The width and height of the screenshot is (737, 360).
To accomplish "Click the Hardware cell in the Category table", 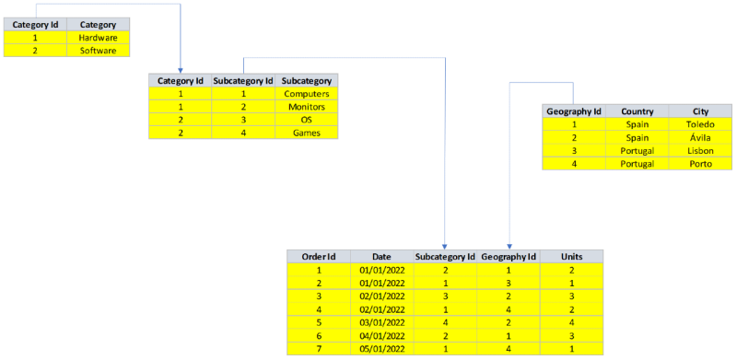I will click(x=98, y=38).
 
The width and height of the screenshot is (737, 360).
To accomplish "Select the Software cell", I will click(x=98, y=51).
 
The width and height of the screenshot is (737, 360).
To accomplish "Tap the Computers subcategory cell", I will click(x=307, y=94).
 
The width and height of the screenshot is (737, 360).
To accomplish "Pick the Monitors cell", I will click(x=307, y=107).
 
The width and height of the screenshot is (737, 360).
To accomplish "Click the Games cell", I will click(x=307, y=133).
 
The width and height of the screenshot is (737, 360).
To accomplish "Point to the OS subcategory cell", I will click(x=307, y=120).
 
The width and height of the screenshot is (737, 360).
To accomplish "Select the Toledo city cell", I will click(x=700, y=124).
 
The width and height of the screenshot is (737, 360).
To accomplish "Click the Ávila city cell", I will click(x=700, y=137).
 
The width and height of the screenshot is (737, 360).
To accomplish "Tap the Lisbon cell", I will click(x=700, y=150).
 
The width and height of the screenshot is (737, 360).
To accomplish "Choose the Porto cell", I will click(x=700, y=163).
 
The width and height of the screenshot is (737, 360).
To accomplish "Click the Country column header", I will click(x=638, y=111).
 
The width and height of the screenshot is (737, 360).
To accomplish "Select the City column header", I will click(x=700, y=111).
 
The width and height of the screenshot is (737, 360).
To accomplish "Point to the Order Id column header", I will click(x=319, y=256).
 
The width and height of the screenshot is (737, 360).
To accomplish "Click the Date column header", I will click(x=382, y=256).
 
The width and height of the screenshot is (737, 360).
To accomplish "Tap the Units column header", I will click(x=572, y=256).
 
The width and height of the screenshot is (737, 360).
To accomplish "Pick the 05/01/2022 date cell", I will click(x=382, y=348).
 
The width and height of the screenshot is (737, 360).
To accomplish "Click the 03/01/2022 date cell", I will click(x=382, y=322).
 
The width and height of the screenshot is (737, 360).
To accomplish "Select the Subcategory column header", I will click(x=307, y=80).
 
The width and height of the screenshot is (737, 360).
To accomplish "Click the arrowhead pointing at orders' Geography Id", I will click(x=509, y=245).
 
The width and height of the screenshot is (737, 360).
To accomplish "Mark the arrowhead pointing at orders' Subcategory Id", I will click(x=445, y=245).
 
